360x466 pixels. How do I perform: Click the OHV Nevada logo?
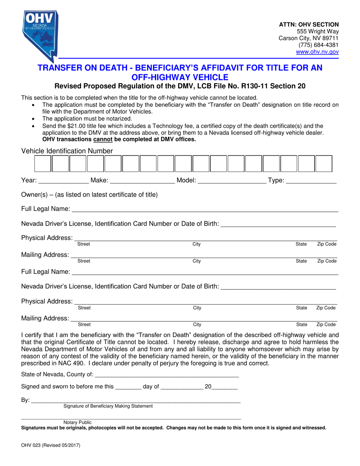click(x=39, y=34)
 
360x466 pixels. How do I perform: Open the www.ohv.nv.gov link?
click(x=317, y=52)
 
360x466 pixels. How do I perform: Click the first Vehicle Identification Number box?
click(x=43, y=164)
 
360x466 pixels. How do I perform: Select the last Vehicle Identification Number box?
click(x=324, y=164)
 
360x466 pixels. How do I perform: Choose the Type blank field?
click(x=311, y=181)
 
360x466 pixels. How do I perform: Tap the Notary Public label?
click(x=78, y=422)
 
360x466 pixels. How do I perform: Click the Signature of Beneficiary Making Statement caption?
click(x=108, y=406)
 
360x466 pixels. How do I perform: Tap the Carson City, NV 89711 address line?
click(x=308, y=38)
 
